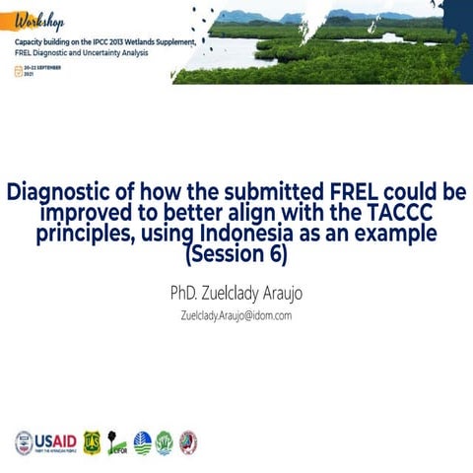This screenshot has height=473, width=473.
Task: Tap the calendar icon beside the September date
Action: pos(18,72)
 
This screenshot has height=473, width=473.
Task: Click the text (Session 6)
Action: pos(236,254)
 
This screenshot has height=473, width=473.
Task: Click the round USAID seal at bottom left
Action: pos(23,440)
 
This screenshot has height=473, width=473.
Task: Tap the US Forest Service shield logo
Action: pos(93,441)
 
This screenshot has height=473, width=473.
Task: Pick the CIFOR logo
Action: pos(117,441)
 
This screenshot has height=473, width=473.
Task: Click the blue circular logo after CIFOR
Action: pos(143,441)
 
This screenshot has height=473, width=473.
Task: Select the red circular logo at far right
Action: pos(187,441)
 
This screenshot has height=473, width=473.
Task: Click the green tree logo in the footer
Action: pos(165,441)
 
